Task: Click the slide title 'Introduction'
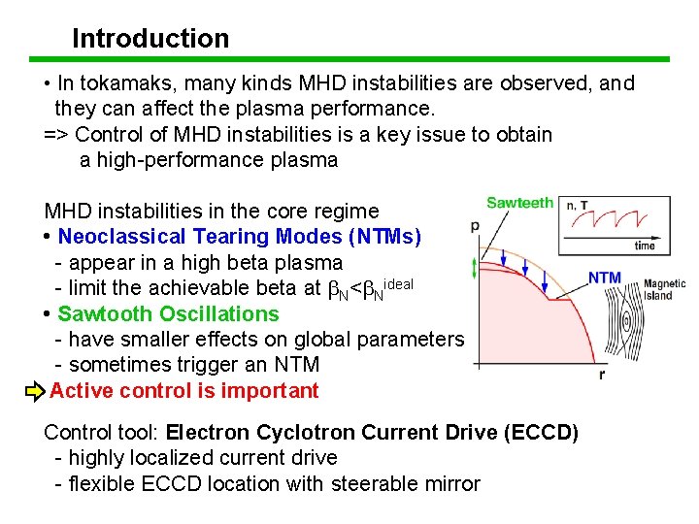click(x=150, y=39)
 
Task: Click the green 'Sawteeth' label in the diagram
click(x=519, y=203)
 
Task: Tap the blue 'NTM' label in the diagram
click(x=604, y=278)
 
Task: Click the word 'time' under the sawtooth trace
click(x=644, y=246)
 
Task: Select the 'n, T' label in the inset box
click(x=577, y=206)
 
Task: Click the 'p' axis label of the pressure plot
click(x=475, y=226)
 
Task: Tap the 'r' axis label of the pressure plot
click(x=602, y=375)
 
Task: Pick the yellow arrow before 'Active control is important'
click(x=35, y=392)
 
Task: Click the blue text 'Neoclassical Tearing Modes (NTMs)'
click(x=240, y=237)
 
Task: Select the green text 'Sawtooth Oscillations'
click(x=168, y=314)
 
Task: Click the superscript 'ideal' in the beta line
click(x=398, y=282)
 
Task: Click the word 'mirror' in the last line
click(x=450, y=483)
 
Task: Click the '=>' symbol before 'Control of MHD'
click(x=56, y=135)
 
